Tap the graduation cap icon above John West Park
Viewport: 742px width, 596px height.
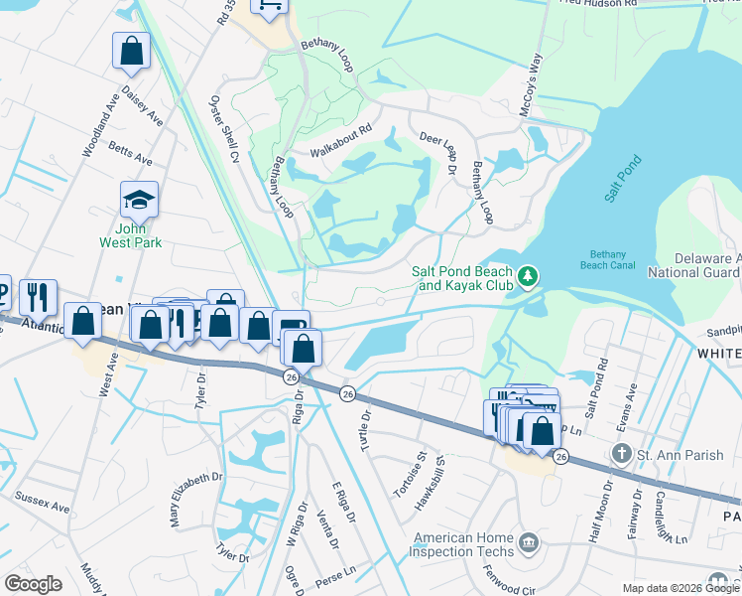point(139,200)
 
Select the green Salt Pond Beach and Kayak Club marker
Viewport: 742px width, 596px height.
point(529,273)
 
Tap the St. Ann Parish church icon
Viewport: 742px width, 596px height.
point(621,455)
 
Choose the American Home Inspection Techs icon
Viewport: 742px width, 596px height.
point(528,542)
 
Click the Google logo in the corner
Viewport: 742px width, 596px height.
point(33,584)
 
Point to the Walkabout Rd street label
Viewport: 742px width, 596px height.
point(339,140)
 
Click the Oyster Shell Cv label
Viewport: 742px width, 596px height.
point(223,130)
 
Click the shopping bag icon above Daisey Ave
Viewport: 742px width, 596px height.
point(131,52)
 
